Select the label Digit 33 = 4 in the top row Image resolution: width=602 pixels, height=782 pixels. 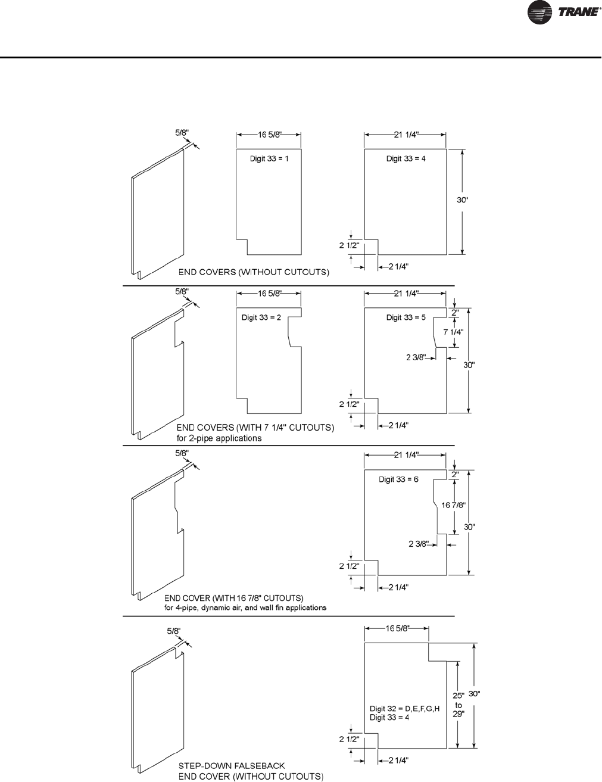[x=406, y=159]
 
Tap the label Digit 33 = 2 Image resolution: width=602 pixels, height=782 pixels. [x=261, y=318]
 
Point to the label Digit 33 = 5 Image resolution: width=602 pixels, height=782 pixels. [x=406, y=318]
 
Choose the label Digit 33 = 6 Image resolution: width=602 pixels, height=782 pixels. [x=398, y=480]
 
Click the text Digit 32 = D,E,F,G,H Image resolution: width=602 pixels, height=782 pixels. [x=404, y=709]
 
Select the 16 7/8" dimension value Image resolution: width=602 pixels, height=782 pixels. [x=453, y=505]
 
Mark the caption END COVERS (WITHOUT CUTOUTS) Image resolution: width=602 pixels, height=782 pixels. [x=254, y=272]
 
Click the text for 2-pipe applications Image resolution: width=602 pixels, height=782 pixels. [x=219, y=438]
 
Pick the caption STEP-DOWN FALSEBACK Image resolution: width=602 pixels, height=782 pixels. [x=232, y=765]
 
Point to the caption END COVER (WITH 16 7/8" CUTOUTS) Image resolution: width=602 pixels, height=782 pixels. [x=234, y=597]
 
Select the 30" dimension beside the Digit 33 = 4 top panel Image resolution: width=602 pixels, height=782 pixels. [x=463, y=201]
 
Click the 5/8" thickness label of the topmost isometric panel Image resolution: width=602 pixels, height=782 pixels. [x=183, y=133]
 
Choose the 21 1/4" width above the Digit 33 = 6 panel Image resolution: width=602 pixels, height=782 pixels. [x=406, y=455]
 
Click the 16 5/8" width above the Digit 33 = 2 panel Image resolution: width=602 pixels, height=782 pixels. [x=269, y=293]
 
